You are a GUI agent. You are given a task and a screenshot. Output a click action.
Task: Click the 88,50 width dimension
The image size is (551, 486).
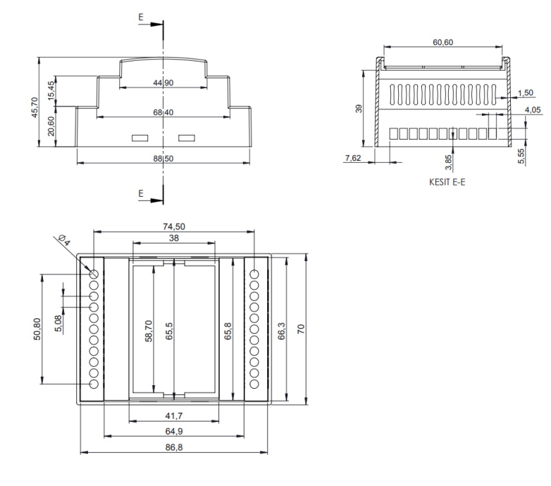click(x=163, y=158)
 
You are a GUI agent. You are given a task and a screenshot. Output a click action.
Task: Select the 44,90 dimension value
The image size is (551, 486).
click(x=163, y=83)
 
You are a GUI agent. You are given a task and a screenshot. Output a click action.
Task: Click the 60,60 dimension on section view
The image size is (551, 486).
click(x=442, y=42)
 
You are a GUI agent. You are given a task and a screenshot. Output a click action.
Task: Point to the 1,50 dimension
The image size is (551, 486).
click(x=525, y=93)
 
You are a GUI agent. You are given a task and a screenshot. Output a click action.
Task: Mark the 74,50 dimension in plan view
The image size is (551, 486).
click(x=173, y=227)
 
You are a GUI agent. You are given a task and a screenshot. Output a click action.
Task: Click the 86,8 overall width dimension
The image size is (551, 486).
click(x=173, y=449)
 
